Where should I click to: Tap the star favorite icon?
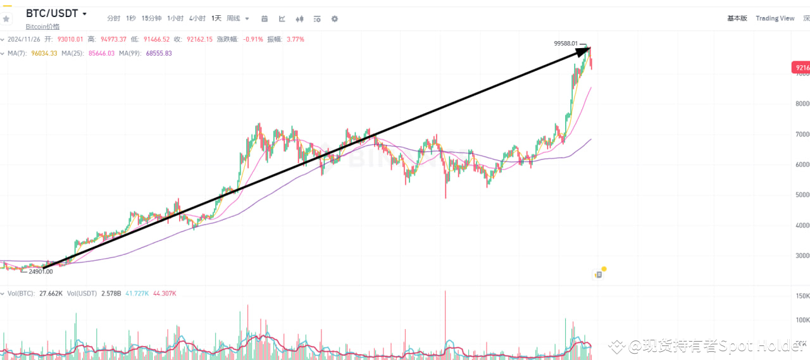7,19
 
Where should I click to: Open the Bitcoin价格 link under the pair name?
42,27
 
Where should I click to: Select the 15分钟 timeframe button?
151,19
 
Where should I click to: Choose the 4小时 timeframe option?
197,19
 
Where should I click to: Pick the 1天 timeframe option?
216,19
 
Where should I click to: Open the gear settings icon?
335,19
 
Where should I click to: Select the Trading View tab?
775,18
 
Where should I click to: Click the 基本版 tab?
737,18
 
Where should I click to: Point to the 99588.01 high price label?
566,43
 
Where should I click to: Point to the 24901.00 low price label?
41,271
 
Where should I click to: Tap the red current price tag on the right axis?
801,68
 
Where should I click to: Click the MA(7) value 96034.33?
44,53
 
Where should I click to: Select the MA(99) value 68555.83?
159,53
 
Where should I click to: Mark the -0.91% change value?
253,39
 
